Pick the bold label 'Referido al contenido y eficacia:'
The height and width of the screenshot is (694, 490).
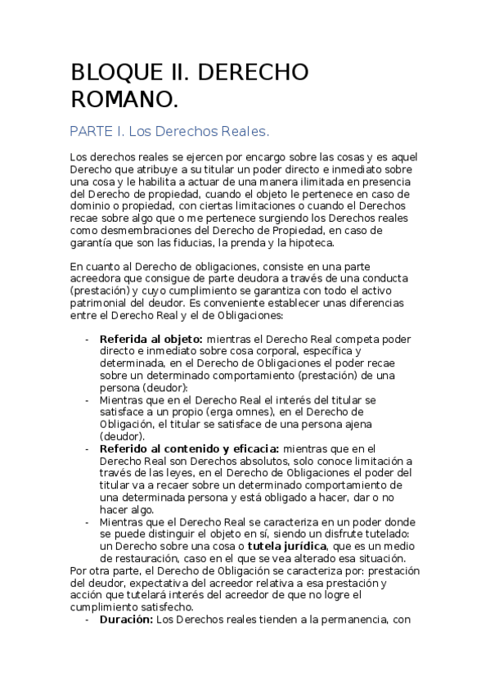click(x=189, y=448)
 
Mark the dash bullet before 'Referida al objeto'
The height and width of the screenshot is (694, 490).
click(x=88, y=339)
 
